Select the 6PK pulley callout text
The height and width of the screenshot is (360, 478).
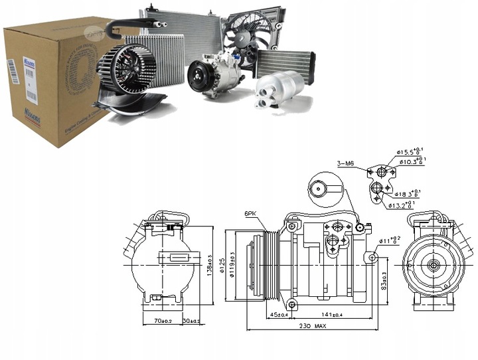[x=250, y=213]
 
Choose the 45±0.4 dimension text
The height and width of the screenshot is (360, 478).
[x=277, y=315]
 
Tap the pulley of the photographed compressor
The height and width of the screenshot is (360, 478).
[x=198, y=76]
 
